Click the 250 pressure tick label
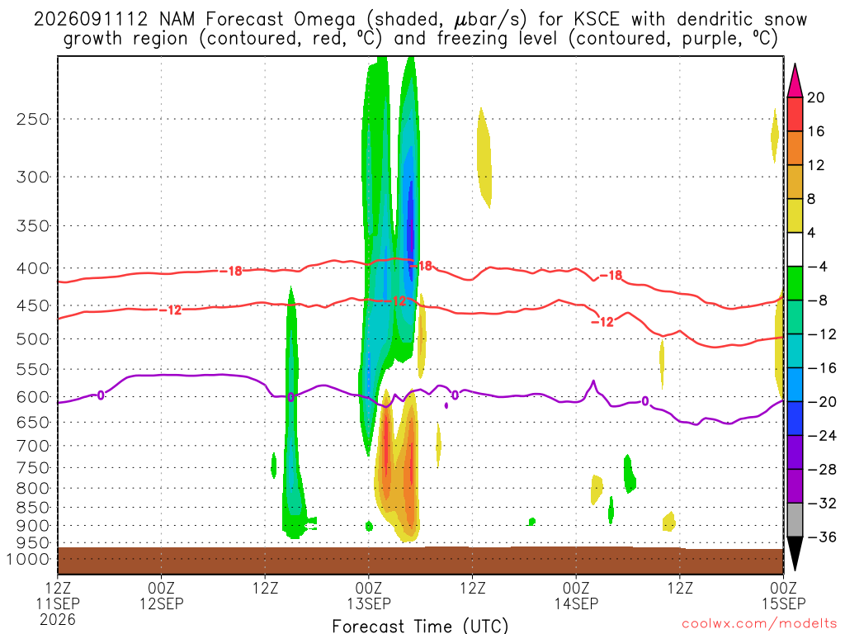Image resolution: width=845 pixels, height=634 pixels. coord(32,119)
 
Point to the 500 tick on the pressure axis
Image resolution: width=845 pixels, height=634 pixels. coord(32,339)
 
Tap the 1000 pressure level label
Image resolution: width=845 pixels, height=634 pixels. coord(28,560)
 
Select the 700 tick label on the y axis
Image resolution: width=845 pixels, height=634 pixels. coord(32,446)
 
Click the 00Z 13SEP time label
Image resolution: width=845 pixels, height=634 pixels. coord(369,595)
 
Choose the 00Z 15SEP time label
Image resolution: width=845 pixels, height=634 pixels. coord(783,595)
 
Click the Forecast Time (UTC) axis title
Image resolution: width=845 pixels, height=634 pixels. coord(420,626)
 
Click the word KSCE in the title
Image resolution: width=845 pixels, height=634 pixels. coord(596,19)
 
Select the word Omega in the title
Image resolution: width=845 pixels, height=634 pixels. coord(324,20)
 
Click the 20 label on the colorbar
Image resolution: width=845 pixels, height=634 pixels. coord(815,97)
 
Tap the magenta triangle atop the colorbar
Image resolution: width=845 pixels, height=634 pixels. coord(795,80)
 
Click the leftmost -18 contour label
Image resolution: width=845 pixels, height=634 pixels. coord(231,271)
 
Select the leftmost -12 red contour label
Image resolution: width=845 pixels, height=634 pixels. coord(171,310)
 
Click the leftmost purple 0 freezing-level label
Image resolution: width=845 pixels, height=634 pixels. coord(100,396)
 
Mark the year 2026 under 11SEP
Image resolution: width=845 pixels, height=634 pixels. coord(58,619)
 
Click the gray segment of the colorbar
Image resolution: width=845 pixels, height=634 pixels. coord(795,520)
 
